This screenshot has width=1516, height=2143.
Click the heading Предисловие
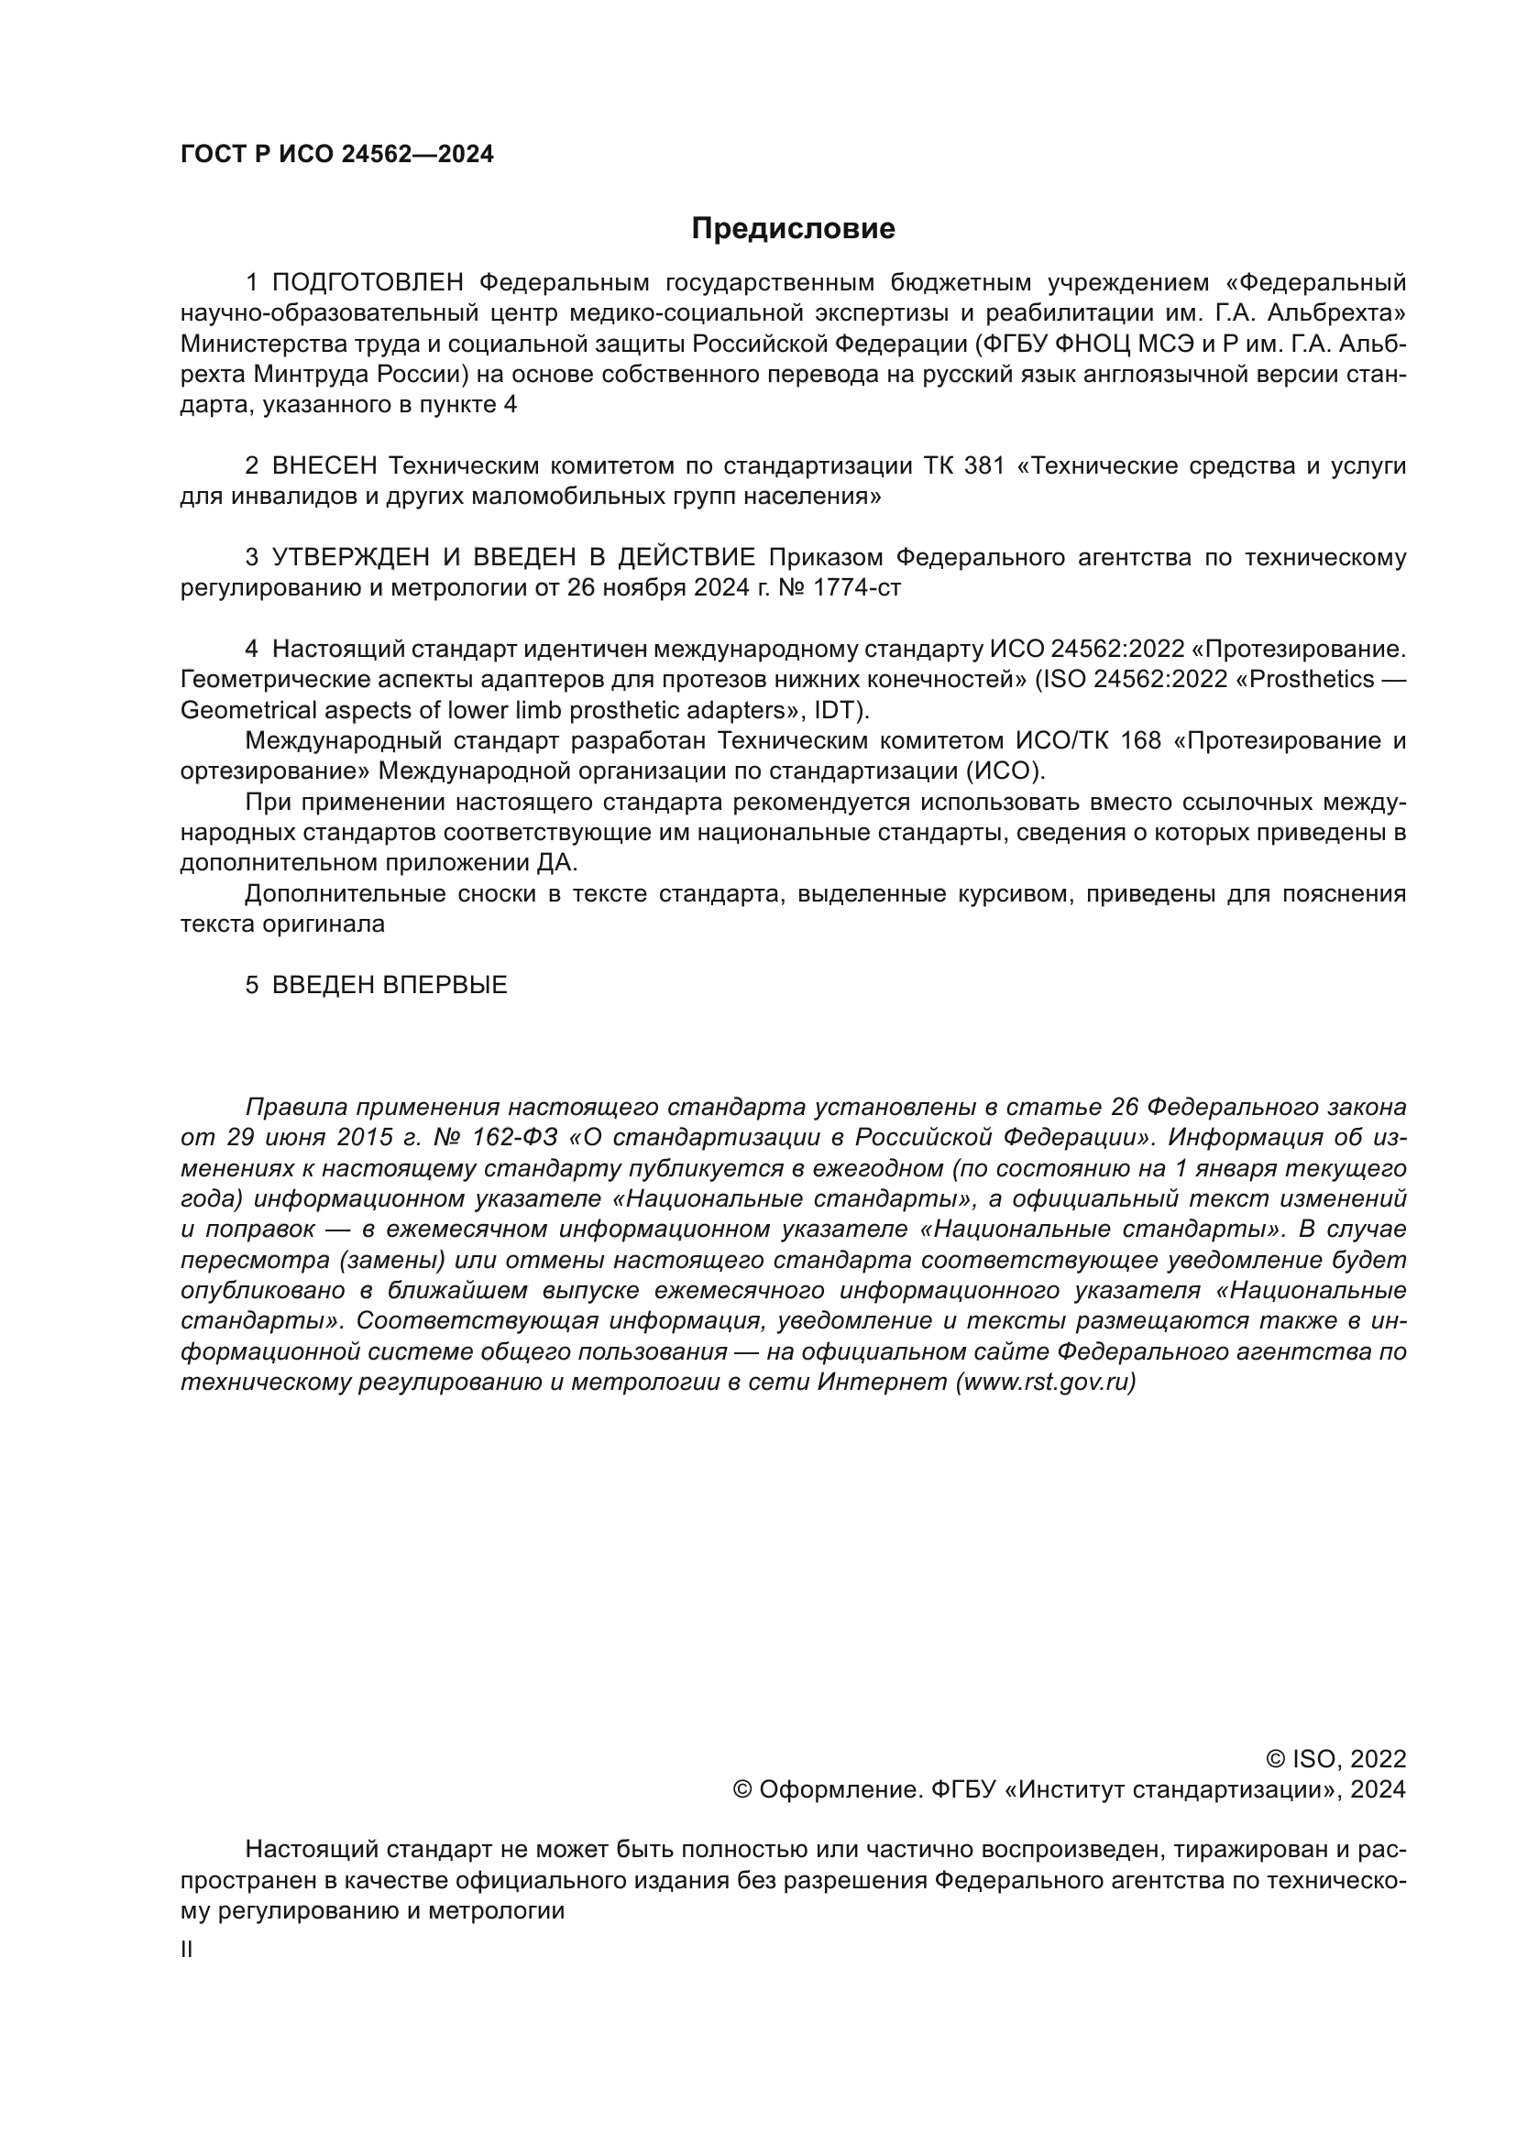coord(793,229)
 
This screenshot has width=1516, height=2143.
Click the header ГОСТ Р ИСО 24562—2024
coord(336,155)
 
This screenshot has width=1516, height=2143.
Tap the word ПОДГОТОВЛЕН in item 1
coord(368,283)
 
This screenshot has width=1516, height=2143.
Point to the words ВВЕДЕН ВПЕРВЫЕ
coord(390,986)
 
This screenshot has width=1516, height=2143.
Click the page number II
coord(187,1950)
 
